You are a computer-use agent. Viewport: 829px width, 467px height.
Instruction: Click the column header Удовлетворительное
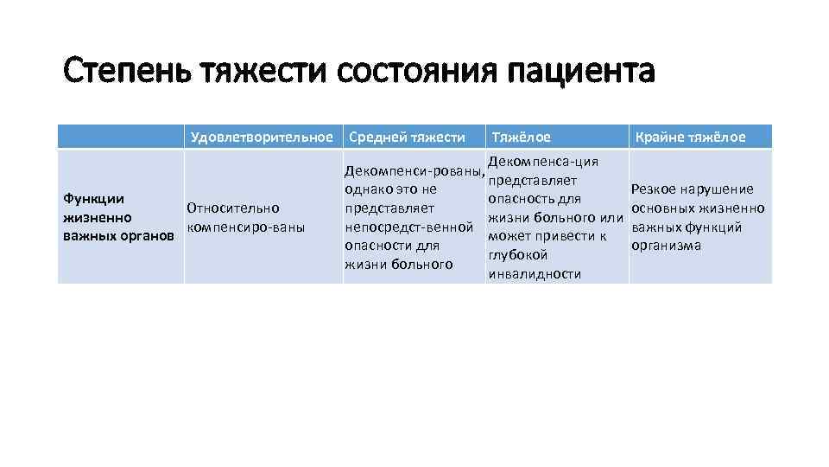[262, 137]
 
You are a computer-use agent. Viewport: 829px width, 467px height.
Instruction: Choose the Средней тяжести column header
[405, 137]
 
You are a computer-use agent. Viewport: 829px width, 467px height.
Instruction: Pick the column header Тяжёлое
[521, 137]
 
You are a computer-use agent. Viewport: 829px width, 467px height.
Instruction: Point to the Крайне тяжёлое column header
[691, 137]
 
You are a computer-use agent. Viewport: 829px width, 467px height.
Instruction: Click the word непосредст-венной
[408, 227]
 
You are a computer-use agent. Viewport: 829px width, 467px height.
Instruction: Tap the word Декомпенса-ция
[543, 162]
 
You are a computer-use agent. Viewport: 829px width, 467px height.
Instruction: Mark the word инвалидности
[535, 274]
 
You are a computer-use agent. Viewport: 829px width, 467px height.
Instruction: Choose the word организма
[666, 245]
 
